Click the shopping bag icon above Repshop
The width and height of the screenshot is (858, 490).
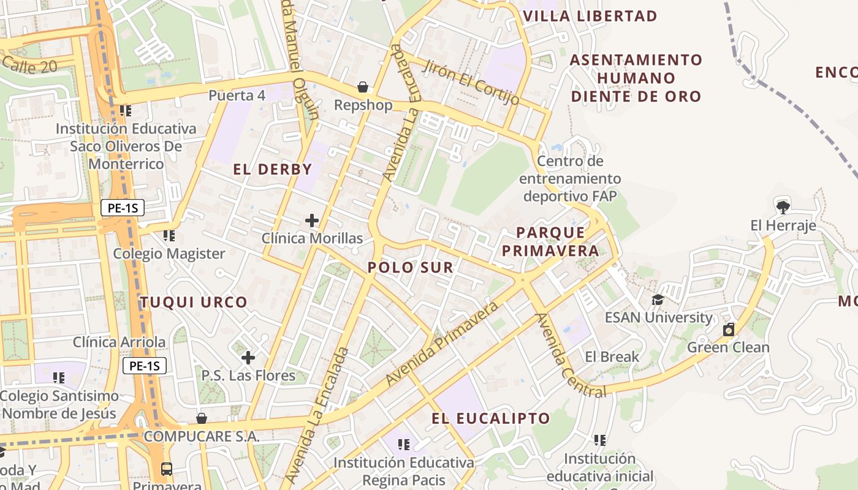pos(363,87)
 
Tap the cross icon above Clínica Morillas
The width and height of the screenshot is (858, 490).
pos(312,220)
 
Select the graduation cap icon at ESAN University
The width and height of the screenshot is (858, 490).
pos(658,300)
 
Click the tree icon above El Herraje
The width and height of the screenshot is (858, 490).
pos(783,206)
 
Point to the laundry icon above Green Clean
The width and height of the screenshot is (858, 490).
pos(728,330)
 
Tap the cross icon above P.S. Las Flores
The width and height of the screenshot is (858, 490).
pos(248,357)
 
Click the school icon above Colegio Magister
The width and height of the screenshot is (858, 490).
pos(169,235)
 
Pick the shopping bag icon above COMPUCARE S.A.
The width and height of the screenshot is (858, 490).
pos(202,418)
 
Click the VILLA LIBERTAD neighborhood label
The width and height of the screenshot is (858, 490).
pos(590,16)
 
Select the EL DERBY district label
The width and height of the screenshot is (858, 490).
pos(273,170)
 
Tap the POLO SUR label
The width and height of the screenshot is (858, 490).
pos(411,267)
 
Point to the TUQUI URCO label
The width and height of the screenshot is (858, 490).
pos(194,302)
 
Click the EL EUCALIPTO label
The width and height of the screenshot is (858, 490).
pos(491,418)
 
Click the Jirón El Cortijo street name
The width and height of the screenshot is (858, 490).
pos(471,82)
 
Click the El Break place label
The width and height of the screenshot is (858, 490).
pos(612,356)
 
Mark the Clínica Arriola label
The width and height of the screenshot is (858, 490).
pos(120,342)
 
